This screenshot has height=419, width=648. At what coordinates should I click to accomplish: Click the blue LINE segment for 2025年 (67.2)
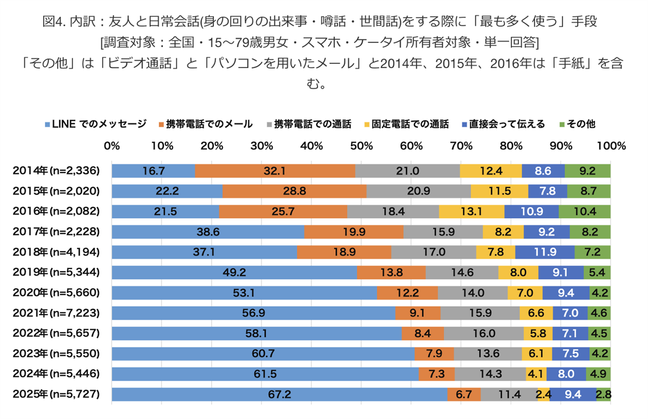click(280, 395)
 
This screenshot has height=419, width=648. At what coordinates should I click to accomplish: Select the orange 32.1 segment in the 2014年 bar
click(275, 171)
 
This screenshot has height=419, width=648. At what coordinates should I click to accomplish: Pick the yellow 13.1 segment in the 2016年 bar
click(471, 211)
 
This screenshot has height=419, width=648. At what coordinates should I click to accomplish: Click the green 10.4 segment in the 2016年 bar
click(584, 211)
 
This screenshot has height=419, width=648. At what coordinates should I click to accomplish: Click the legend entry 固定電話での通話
click(406, 124)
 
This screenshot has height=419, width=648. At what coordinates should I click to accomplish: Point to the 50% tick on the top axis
click(361, 146)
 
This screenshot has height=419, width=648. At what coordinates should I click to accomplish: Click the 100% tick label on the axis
click(610, 146)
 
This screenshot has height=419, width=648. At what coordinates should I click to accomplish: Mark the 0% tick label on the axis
click(112, 146)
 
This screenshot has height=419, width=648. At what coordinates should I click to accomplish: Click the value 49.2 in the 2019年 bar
click(234, 272)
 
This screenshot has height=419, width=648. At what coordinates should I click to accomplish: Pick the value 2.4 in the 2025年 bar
click(542, 395)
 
